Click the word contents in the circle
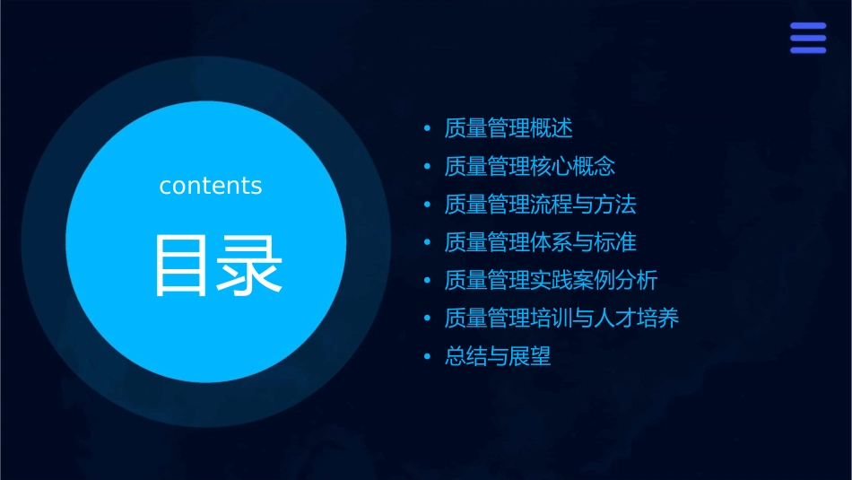point(211,186)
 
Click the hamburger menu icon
point(807,38)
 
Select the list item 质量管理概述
point(509,128)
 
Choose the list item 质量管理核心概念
point(530,166)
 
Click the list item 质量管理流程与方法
point(541,205)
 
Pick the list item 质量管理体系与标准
point(541,242)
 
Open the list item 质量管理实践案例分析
point(552,280)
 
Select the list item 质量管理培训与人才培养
point(562,318)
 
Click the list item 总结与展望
point(498,356)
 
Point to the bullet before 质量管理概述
point(428,128)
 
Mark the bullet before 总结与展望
point(428,356)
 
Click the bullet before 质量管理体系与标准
point(428,242)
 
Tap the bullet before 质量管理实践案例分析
point(428,280)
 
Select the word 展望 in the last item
point(530,356)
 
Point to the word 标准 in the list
point(616,242)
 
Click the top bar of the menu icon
point(807,26)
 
